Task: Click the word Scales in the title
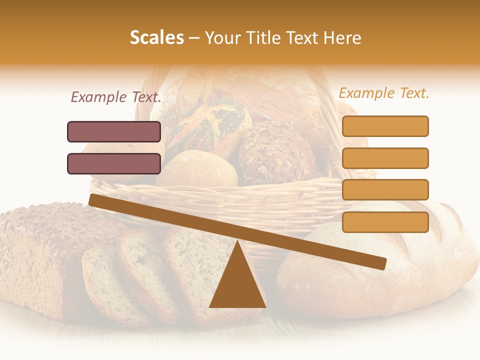coord(156,37)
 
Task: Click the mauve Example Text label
coord(116,97)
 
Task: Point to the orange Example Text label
coord(384,93)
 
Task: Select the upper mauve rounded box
coord(114,131)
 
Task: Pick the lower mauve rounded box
coord(114,163)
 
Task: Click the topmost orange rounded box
coord(385,126)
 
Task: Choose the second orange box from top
coord(385,158)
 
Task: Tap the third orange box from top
coord(385,189)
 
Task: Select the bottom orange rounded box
coord(385,222)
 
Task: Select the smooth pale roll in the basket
coord(197,170)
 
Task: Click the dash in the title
coord(194,38)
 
